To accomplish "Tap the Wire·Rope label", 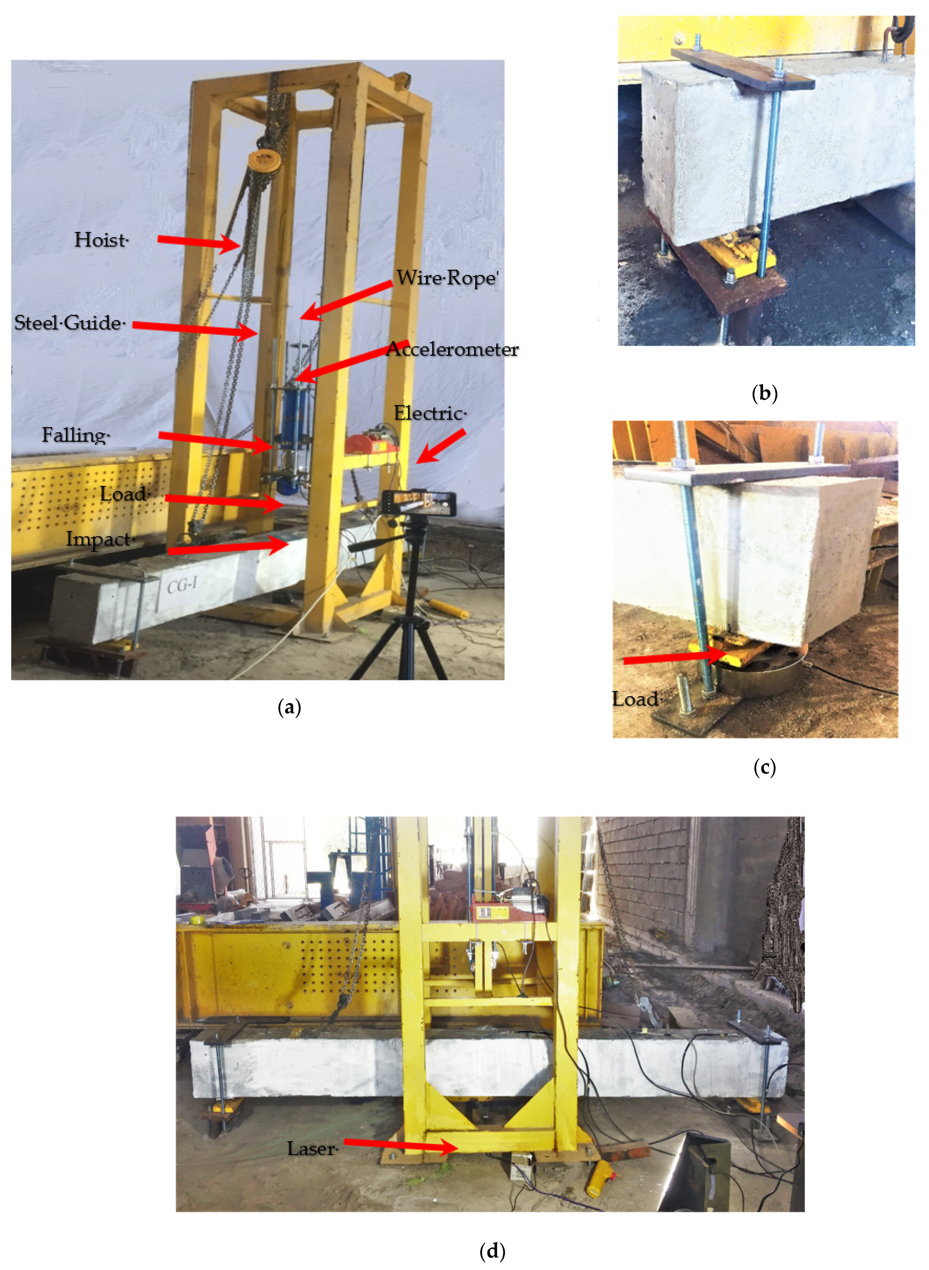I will tap(447, 278).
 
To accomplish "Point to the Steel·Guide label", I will tap(69, 323).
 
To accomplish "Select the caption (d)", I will tap(492, 1251).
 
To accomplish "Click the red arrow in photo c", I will tap(675, 657).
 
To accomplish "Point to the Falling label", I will tap(75, 435).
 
